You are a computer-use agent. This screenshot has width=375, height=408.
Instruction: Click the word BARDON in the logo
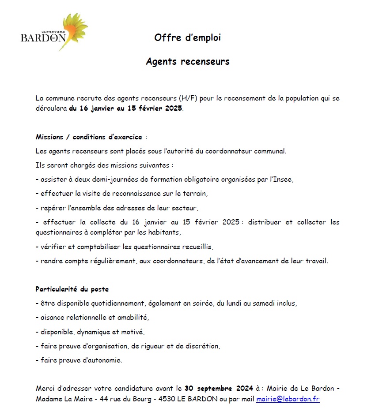pyautogui.click(x=43, y=38)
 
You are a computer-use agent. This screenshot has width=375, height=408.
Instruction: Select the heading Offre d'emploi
pyautogui.click(x=187, y=38)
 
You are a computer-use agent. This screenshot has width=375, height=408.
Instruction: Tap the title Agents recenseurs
pyautogui.click(x=188, y=62)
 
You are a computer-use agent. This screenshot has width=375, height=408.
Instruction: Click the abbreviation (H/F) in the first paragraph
pyautogui.click(x=192, y=98)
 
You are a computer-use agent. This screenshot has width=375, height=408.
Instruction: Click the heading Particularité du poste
pyautogui.click(x=72, y=289)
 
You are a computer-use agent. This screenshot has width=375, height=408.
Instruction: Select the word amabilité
pyautogui.click(x=132, y=318)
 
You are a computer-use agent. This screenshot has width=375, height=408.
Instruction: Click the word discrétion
pyautogui.click(x=201, y=346)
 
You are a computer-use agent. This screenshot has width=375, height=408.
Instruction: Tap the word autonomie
pyautogui.click(x=103, y=360)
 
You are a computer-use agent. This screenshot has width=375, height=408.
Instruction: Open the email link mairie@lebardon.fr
pyautogui.click(x=288, y=399)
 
